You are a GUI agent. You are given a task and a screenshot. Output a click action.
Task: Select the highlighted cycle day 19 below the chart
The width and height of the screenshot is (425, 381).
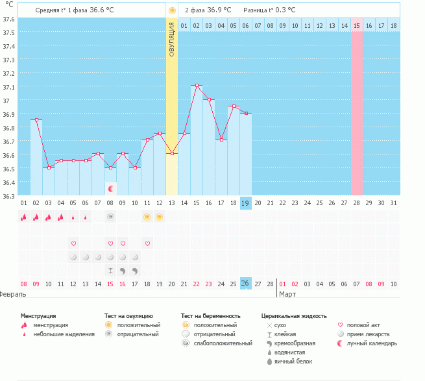click(245, 203)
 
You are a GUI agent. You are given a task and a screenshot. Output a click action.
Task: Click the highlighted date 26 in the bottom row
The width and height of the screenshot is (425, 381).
click(245, 284)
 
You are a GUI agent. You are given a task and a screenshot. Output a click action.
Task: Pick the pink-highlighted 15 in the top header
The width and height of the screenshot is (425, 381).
click(357, 25)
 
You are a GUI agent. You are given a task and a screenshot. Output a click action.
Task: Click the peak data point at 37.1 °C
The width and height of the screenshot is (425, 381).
click(197, 86)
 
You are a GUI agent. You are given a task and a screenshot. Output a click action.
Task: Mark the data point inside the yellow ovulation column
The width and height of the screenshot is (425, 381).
click(172, 153)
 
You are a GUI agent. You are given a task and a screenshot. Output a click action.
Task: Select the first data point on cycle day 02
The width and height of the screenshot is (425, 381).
click(36, 120)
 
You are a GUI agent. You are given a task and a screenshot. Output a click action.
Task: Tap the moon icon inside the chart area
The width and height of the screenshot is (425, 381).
click(111, 189)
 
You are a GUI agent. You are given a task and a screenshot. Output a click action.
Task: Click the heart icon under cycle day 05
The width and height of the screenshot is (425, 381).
click(73, 243)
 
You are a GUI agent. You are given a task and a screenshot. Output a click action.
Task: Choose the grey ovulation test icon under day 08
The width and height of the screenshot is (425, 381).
click(110, 217)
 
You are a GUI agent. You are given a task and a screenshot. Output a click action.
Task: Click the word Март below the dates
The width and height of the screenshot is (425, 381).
click(287, 294)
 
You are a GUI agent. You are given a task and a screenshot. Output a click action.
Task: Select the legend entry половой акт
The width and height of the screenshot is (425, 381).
click(365, 325)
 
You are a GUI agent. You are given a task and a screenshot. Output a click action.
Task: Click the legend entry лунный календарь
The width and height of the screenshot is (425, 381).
click(371, 343)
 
